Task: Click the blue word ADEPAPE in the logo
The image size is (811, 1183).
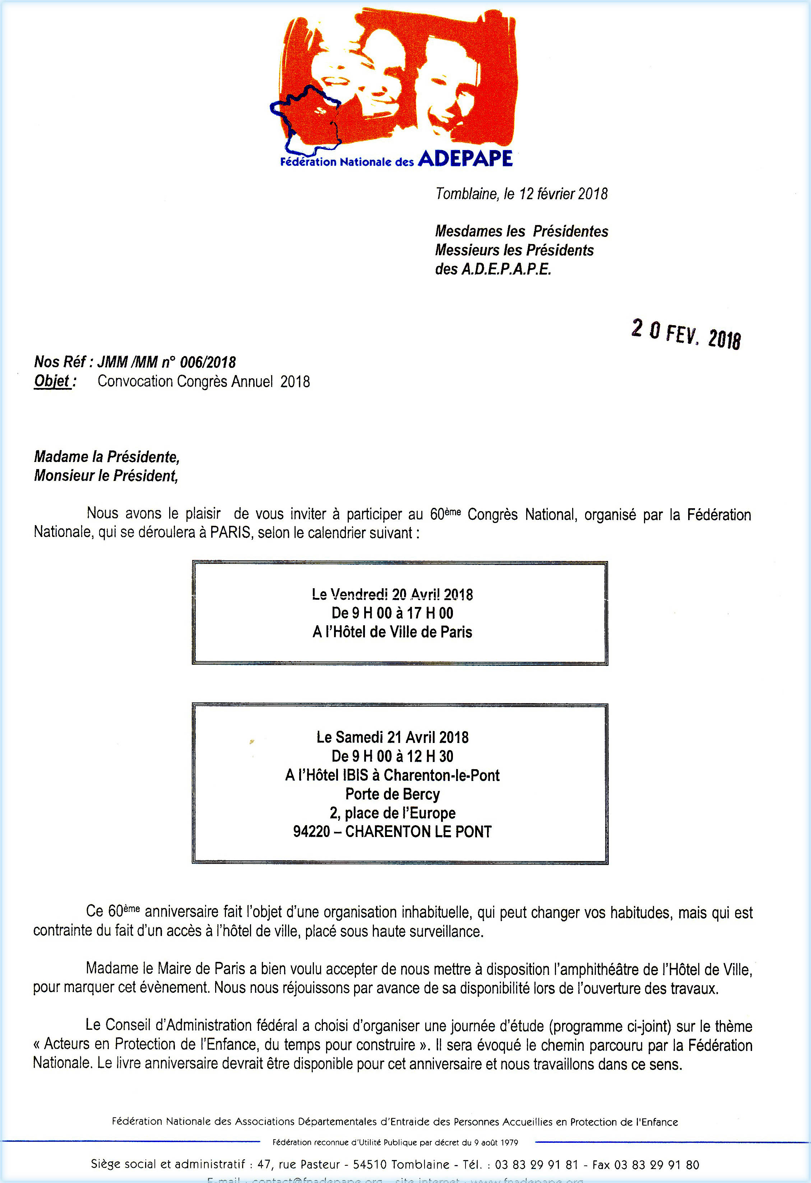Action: [465, 159]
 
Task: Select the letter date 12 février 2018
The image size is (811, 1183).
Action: [563, 194]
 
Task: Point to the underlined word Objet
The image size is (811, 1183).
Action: [52, 381]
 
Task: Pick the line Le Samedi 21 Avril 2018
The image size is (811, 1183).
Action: [392, 737]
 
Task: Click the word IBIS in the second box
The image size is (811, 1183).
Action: [355, 775]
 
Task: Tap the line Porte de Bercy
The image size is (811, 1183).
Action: [392, 794]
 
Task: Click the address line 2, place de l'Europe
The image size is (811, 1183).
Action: [392, 813]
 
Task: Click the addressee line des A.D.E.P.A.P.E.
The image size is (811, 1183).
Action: [493, 269]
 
